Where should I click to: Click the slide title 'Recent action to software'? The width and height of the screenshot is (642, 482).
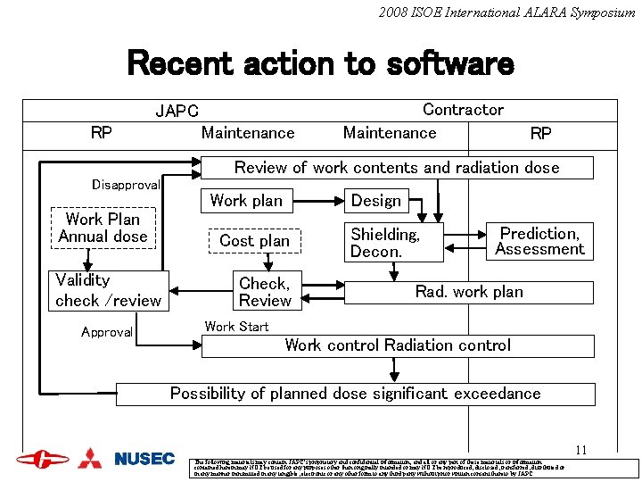(321, 64)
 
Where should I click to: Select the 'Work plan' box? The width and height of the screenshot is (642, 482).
(245, 201)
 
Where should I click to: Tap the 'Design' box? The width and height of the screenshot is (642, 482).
(376, 201)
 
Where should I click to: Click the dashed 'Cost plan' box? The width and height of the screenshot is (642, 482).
(254, 241)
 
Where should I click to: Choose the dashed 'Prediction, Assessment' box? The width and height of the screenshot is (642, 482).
(539, 241)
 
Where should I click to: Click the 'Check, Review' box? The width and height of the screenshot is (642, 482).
(265, 292)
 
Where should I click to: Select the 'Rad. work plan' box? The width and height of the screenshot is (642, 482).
(468, 292)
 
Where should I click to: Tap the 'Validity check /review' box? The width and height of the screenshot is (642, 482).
(109, 291)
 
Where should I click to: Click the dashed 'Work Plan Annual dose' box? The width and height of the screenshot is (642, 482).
(103, 228)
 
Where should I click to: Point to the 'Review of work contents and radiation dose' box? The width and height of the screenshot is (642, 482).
(397, 168)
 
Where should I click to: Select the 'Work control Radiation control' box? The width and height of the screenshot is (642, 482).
(398, 345)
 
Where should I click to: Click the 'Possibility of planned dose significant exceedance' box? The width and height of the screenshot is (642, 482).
(355, 394)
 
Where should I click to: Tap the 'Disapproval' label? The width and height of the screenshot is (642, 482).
(126, 185)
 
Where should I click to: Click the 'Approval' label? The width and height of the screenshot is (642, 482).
(107, 332)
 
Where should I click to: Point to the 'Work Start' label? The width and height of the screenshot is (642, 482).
(236, 327)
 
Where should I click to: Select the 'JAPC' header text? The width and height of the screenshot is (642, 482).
(177, 112)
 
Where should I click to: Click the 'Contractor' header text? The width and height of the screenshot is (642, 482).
(463, 110)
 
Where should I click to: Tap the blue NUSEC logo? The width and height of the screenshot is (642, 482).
(144, 459)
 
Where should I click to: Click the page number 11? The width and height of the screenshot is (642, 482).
(580, 451)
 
